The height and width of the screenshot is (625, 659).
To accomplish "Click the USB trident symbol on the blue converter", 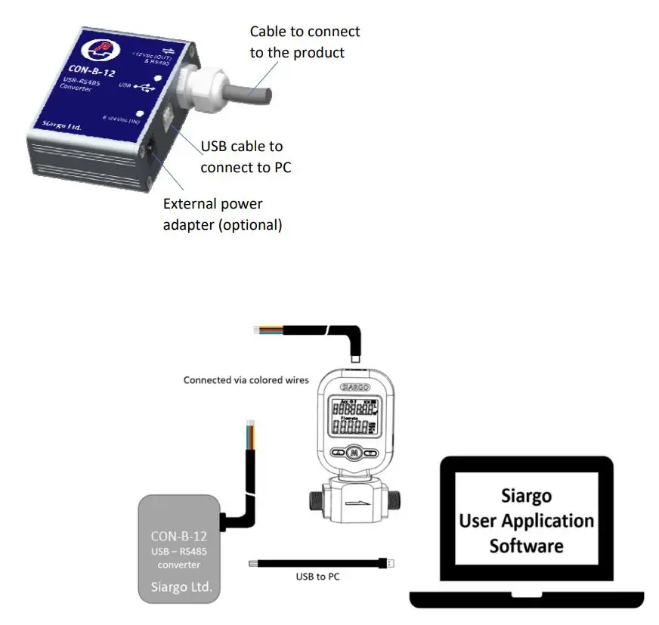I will (x=144, y=88).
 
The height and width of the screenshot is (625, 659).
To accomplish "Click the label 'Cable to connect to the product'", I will (x=305, y=42).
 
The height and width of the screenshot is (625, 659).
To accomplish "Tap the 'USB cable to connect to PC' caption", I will (x=245, y=156).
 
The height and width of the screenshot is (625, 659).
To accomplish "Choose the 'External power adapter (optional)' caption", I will (x=222, y=214).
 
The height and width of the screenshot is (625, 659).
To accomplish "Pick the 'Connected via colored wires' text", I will (x=246, y=380).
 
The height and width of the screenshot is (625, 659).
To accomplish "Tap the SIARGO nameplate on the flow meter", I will (x=354, y=385).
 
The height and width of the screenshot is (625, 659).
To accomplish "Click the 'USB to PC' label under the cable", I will (x=317, y=577).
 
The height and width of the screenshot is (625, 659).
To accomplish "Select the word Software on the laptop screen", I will (x=526, y=545).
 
